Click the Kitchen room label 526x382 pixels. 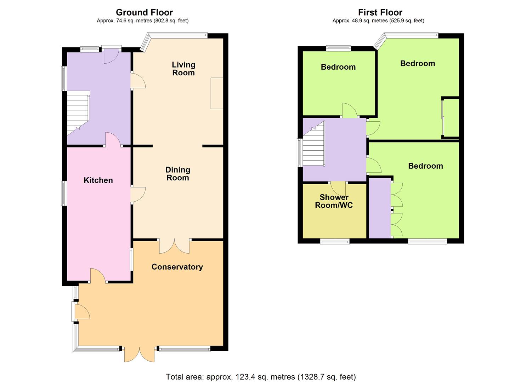(x=98, y=180)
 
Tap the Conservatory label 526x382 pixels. (x=177, y=267)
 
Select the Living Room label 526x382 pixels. (x=183, y=69)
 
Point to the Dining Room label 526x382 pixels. (x=178, y=174)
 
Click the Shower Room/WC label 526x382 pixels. (x=334, y=201)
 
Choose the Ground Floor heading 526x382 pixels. (x=144, y=12)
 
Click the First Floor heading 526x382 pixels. (x=380, y=12)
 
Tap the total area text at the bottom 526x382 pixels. (x=261, y=376)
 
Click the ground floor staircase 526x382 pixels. (x=78, y=113)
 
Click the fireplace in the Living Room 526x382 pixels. (x=217, y=93)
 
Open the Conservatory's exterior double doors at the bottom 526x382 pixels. (x=140, y=354)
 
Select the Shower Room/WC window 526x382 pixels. (x=335, y=241)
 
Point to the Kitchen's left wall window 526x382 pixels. (x=64, y=193)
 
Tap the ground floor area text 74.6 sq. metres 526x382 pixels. (x=142, y=21)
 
